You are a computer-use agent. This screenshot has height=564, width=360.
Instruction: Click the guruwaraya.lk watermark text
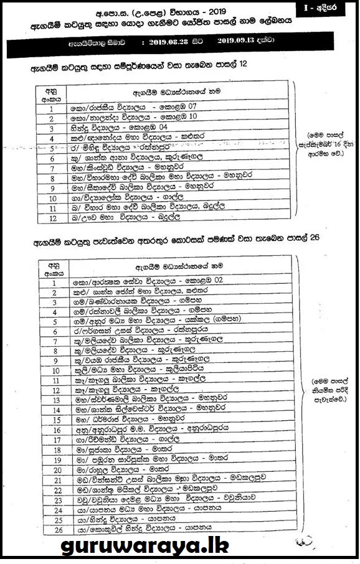pyautogui.click(x=145, y=546)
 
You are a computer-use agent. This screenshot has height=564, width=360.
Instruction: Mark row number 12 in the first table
pyautogui.click(x=52, y=220)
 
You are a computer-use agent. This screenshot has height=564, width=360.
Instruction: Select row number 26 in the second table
pyautogui.click(x=56, y=529)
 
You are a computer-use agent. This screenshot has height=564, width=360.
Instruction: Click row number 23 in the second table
pyautogui.click(x=56, y=499)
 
